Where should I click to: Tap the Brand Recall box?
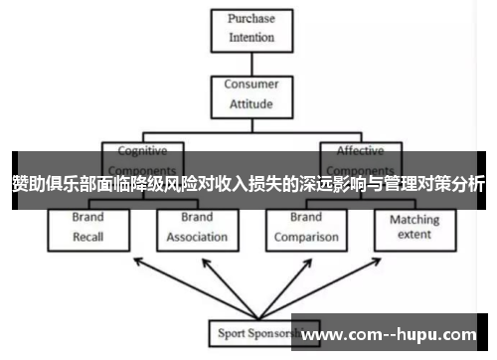88,228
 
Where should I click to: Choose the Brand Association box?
197,228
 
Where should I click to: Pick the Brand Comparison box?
305,228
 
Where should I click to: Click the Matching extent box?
414,228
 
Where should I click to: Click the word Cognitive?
142,151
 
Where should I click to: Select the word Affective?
360,151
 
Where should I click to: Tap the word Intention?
250,38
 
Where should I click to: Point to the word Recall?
88,237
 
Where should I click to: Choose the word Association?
197,237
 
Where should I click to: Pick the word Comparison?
305,237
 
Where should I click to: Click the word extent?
414,236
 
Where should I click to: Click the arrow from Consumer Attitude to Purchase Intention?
250,64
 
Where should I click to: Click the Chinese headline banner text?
248,183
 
